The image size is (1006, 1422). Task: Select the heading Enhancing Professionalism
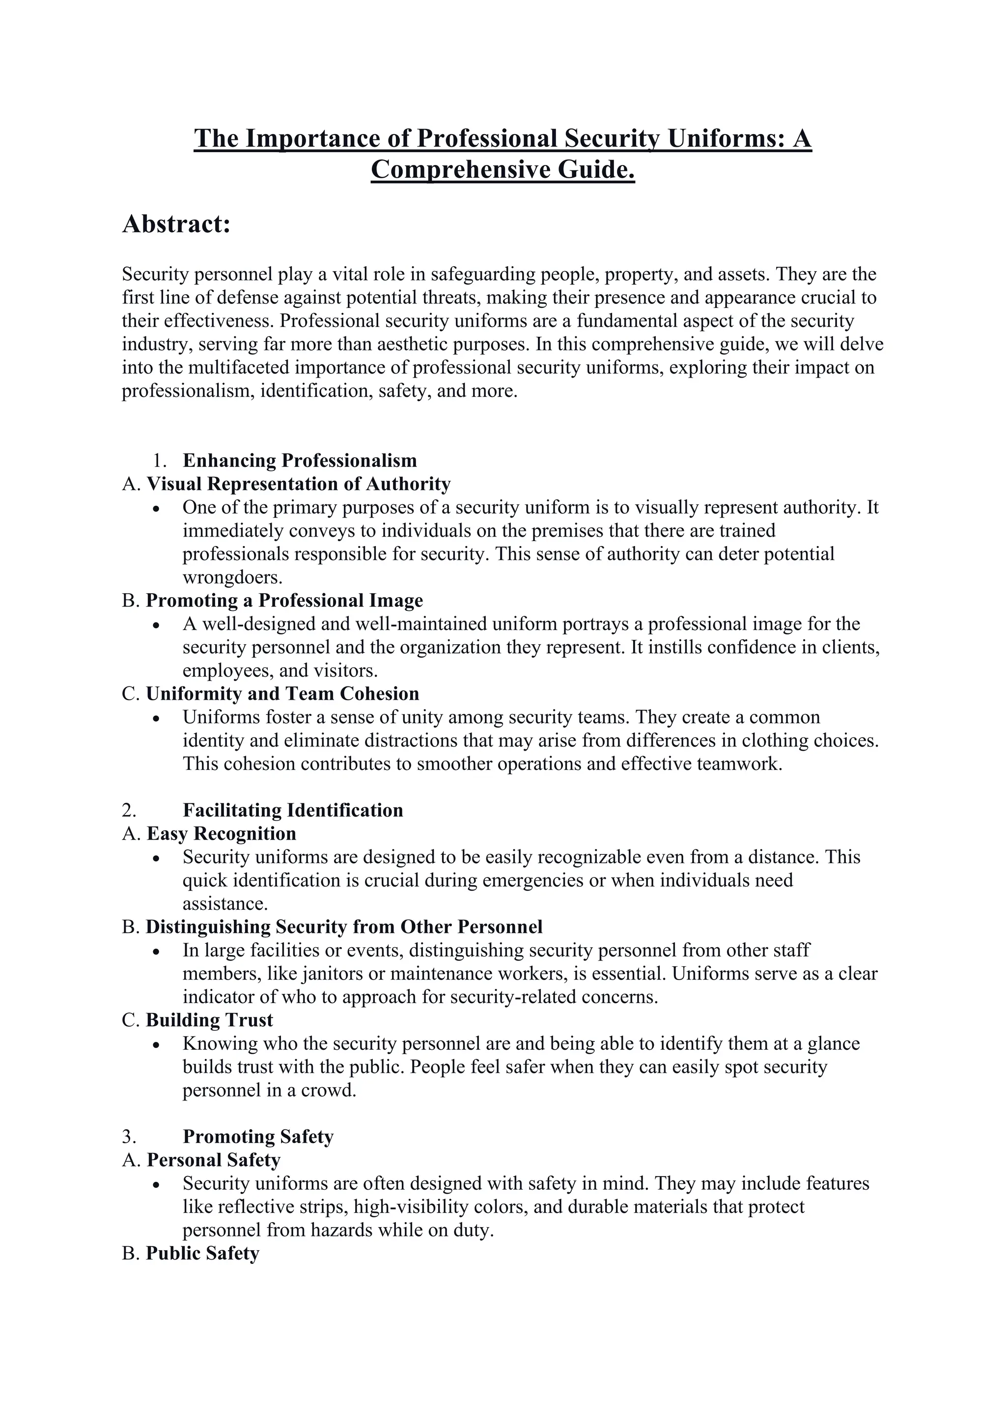point(300,460)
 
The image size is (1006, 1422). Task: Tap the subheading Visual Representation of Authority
point(298,484)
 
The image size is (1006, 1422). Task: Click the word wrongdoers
point(232,577)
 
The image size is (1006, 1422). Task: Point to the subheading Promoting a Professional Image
point(284,601)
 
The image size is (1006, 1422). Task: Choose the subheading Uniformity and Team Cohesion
point(282,694)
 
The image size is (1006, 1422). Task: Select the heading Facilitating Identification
point(292,810)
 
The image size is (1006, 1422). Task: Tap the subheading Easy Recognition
point(221,834)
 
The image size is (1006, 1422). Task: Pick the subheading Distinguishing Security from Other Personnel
point(344,927)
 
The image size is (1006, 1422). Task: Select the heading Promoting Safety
point(258,1137)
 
